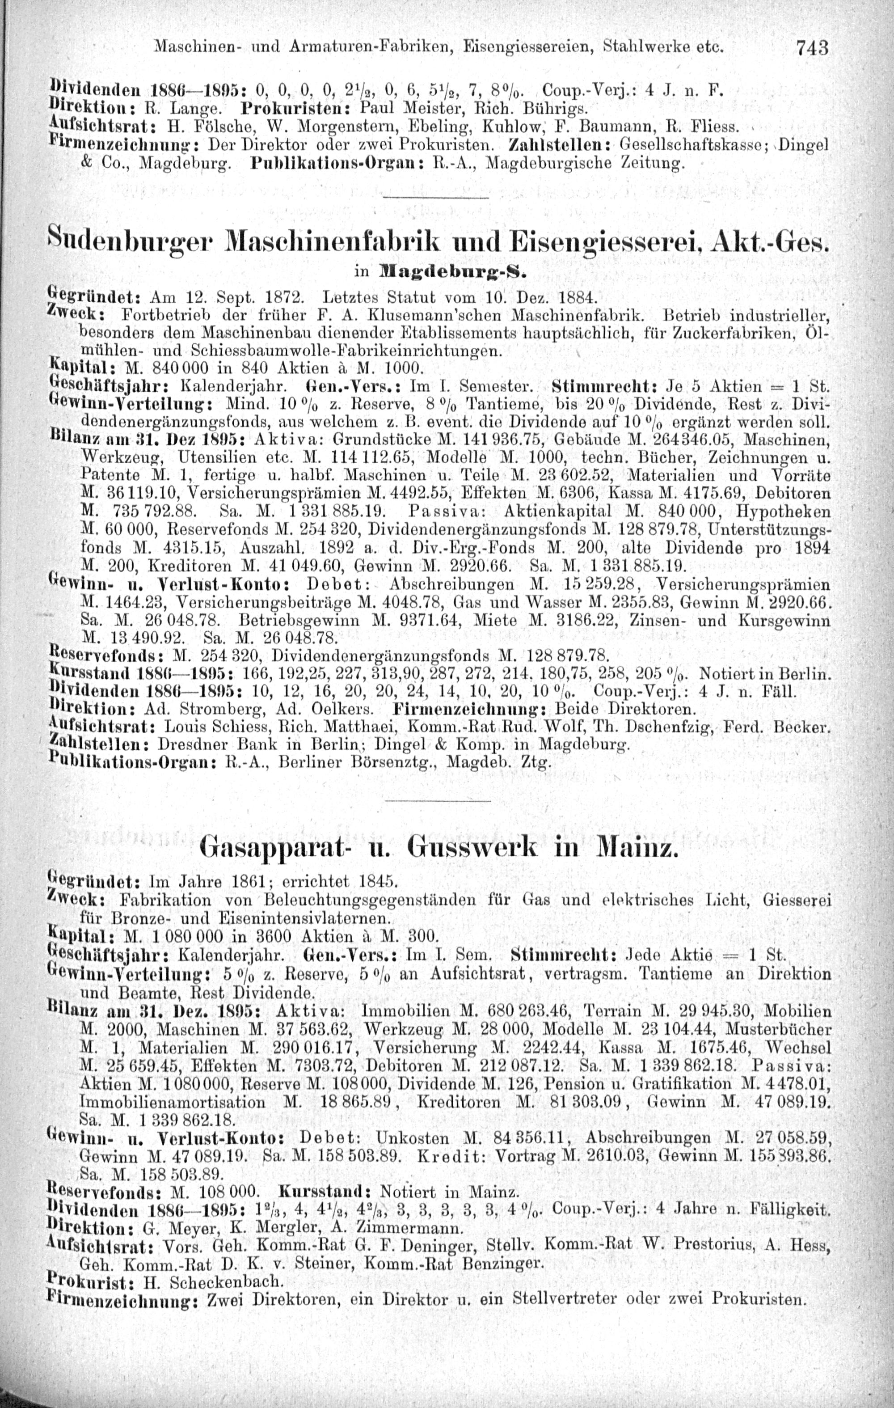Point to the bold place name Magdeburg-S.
[x=450, y=272]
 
